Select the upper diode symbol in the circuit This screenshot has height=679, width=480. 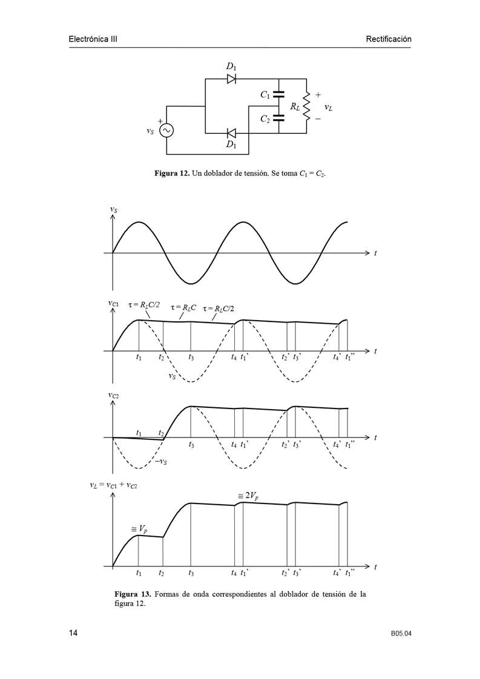231,79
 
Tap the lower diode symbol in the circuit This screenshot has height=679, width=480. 231,133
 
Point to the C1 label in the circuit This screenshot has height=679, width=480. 265,95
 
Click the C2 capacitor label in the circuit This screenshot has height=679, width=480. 265,119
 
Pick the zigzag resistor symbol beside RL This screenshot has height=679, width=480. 306,105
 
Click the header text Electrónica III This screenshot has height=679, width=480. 93,39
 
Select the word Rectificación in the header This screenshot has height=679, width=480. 388,39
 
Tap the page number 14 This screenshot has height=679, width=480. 73,634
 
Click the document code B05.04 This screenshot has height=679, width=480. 401,634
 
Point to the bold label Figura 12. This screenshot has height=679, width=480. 172,174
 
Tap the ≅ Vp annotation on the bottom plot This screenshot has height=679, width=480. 139,529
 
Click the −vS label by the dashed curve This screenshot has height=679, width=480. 160,463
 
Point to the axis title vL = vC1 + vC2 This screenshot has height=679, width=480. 113,485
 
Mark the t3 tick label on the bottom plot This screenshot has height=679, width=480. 191,572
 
